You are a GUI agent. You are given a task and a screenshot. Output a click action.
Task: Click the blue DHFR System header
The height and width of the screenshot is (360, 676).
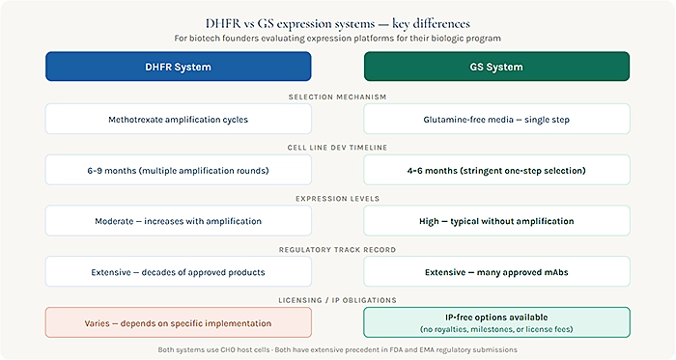(x=179, y=67)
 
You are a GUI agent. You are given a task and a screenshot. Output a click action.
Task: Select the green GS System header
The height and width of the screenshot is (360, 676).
(x=496, y=67)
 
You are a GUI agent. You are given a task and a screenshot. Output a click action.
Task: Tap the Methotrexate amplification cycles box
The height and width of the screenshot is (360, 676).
(x=179, y=120)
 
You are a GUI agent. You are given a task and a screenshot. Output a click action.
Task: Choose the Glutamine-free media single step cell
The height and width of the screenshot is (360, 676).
(x=496, y=120)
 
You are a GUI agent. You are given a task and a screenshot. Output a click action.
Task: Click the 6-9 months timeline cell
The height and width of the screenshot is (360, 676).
(x=179, y=170)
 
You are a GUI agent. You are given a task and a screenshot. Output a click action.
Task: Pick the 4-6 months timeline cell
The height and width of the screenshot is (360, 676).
(x=496, y=170)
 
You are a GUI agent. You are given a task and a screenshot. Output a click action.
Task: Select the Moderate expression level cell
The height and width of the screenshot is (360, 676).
(x=179, y=221)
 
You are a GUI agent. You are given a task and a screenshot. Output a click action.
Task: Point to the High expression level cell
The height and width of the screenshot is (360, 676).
(x=496, y=221)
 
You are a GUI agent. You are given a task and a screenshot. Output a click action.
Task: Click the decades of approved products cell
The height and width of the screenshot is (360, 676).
(x=179, y=271)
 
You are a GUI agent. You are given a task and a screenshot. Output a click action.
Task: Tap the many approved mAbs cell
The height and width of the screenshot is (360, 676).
(x=496, y=271)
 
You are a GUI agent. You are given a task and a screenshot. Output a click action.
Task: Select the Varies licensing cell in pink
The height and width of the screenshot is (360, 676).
(x=179, y=321)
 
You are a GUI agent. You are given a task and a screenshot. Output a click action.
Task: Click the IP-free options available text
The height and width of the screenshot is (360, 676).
(x=496, y=316)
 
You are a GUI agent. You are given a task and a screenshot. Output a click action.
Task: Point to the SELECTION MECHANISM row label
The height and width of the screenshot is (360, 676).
(x=338, y=96)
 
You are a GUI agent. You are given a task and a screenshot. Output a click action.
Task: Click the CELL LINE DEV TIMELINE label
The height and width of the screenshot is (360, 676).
(x=338, y=146)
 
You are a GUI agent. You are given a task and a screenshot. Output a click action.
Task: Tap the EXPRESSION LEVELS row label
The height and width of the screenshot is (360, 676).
(x=338, y=197)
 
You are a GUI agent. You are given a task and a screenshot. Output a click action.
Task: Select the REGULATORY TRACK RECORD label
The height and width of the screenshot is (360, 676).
(x=338, y=247)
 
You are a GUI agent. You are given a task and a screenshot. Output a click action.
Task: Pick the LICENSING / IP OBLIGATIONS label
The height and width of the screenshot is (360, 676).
(x=338, y=297)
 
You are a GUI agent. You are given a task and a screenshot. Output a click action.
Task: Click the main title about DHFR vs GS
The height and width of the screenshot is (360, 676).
(x=338, y=20)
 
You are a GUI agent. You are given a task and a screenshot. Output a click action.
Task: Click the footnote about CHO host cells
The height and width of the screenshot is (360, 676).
(x=338, y=347)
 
